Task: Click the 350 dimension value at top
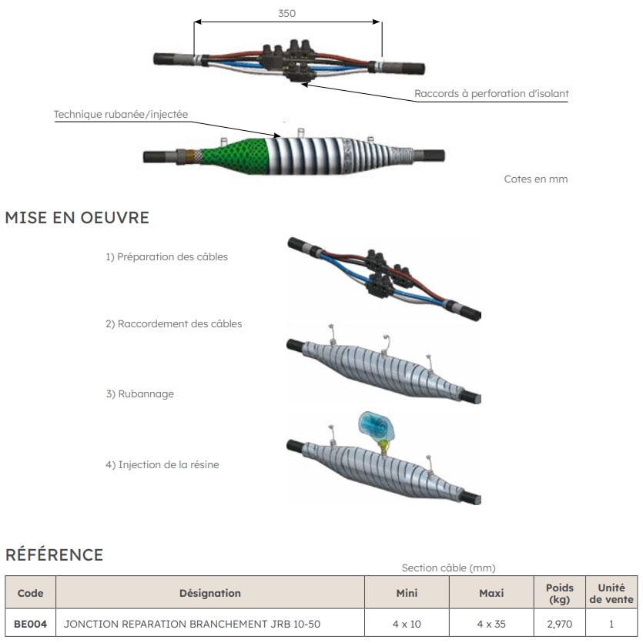coord(286,13)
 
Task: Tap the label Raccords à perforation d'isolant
coord(491,94)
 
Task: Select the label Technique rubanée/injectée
coord(121,115)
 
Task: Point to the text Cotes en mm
coord(535,179)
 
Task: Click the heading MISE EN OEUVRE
coord(77,218)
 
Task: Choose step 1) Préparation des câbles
coord(167,257)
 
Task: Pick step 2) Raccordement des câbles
coord(174,324)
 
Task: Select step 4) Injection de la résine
coord(166,464)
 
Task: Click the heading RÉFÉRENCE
coord(54,554)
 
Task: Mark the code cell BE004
coord(30,625)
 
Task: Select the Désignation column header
coord(209,593)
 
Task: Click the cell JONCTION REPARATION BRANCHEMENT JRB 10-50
coord(192,625)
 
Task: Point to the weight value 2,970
coord(559,625)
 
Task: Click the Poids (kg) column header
coord(559,593)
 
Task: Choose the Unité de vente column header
coord(611,593)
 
